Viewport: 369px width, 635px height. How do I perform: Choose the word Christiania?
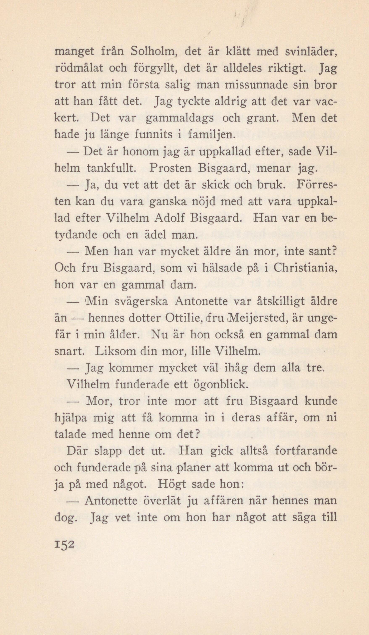pyautogui.click(x=305, y=268)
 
